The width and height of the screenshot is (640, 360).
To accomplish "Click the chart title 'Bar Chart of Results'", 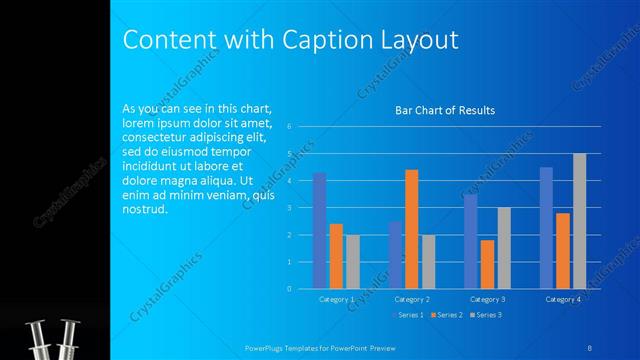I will point(444,110).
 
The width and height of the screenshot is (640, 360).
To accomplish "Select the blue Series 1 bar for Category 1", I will point(319,230).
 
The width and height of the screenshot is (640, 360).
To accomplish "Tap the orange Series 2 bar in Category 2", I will point(411,229).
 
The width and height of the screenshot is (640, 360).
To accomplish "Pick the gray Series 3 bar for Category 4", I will point(579,221).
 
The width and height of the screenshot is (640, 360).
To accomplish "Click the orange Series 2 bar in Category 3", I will point(487,264).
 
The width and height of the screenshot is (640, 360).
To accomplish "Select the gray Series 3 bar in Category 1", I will point(353,262).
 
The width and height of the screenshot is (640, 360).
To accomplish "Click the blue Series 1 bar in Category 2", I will point(395,255).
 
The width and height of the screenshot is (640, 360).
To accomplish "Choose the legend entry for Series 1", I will point(408,315).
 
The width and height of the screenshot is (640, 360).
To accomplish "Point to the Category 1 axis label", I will point(336,299).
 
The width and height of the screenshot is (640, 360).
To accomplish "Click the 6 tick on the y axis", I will point(288,127).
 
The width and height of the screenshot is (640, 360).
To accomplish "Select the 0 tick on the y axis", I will point(288,289).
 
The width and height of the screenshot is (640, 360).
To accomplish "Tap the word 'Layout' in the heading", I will point(421,39).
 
